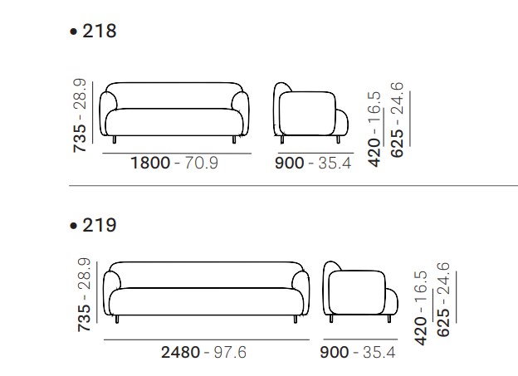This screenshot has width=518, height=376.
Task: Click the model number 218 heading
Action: [99, 31]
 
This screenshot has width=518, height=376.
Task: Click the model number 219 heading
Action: [99, 225]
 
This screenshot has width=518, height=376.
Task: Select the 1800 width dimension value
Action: [150, 163]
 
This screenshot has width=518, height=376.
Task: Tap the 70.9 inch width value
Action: [201, 163]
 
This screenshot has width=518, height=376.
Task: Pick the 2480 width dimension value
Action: [180, 352]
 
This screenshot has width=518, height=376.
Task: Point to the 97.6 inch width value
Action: [230, 352]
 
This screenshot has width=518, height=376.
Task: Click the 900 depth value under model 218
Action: [290, 164]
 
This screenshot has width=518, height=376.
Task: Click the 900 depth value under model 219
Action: [335, 352]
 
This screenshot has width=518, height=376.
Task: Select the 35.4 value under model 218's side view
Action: [335, 164]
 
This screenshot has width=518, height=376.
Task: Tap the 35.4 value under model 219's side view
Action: [379, 352]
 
